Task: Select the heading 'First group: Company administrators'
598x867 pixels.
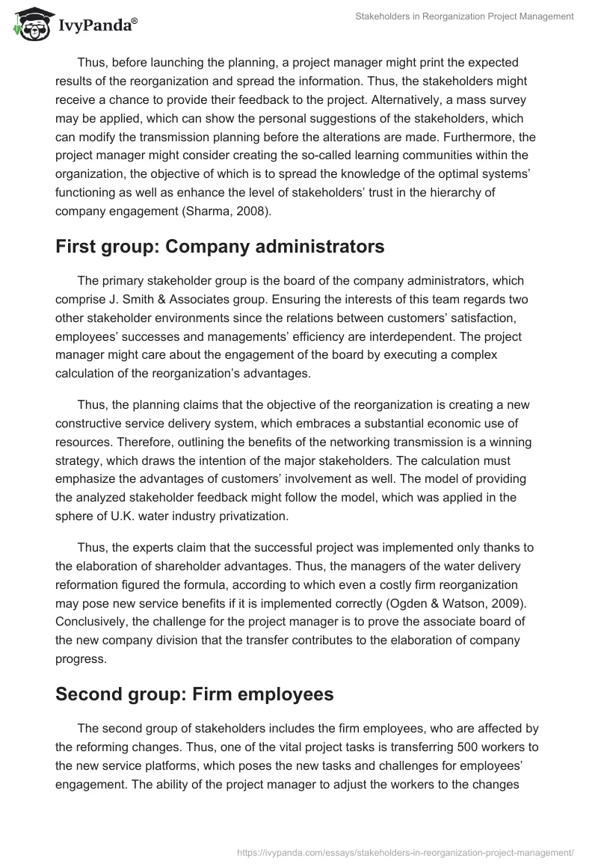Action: [220, 247]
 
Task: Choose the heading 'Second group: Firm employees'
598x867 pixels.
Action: [194, 694]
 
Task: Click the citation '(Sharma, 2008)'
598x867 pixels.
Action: [234, 211]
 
